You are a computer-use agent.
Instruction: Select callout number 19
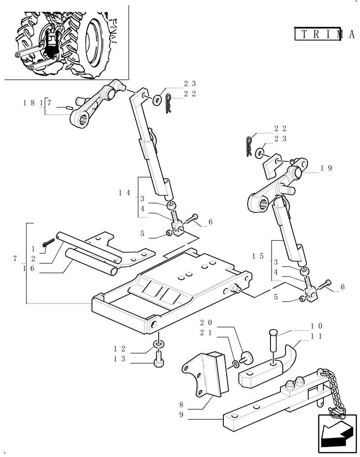326,168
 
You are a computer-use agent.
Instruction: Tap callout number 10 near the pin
317,326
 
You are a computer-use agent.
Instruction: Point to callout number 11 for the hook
317,335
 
